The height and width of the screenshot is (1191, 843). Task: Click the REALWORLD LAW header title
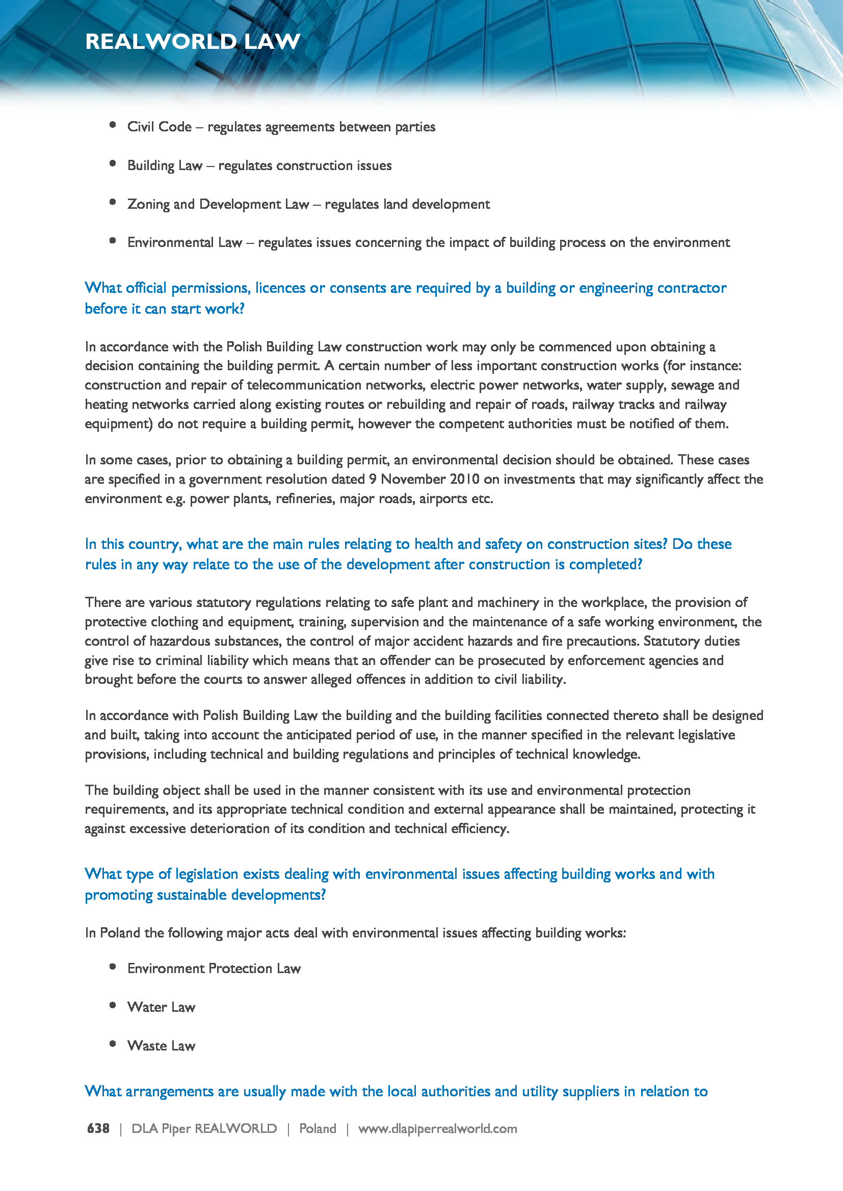(x=193, y=41)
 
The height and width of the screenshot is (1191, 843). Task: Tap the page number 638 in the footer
(x=98, y=1128)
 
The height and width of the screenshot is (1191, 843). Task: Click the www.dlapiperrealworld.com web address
(x=437, y=1128)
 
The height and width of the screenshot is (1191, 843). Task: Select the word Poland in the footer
(x=317, y=1128)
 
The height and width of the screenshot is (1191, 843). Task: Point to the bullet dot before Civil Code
(x=113, y=124)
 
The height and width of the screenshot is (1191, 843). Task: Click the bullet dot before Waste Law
(x=113, y=1044)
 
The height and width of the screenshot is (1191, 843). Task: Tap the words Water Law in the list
(x=162, y=1007)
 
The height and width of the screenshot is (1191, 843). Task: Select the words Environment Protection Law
(x=214, y=968)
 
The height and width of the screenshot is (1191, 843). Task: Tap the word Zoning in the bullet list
(x=148, y=204)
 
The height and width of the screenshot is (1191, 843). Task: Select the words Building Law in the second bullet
(x=165, y=165)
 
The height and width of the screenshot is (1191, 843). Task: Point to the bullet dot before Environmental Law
(x=113, y=240)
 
